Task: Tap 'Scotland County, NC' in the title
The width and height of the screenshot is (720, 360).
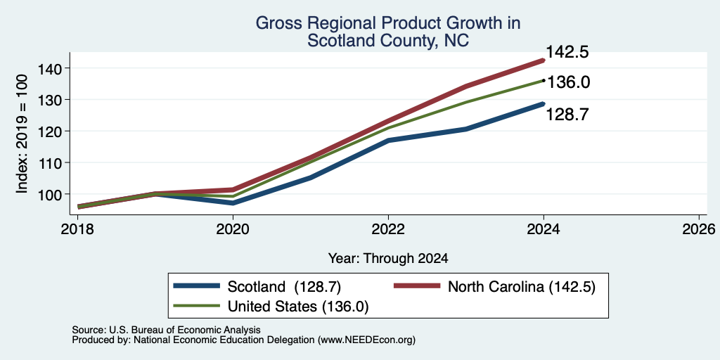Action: pos(388,40)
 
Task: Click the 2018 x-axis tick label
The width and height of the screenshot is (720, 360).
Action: pos(77,229)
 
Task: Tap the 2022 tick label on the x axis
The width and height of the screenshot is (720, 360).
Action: pos(388,229)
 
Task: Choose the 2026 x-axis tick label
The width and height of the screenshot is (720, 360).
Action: pos(699,229)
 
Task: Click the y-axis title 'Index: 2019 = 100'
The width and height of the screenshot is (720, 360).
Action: pos(22,134)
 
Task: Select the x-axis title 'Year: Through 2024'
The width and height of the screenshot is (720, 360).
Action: pos(388,259)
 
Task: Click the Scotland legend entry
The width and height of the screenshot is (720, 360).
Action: pos(257,287)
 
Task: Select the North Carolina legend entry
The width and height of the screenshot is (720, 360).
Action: pos(495,287)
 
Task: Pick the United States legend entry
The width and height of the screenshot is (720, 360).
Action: pos(271,307)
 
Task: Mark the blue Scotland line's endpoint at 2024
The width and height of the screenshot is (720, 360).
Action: pos(544,104)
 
